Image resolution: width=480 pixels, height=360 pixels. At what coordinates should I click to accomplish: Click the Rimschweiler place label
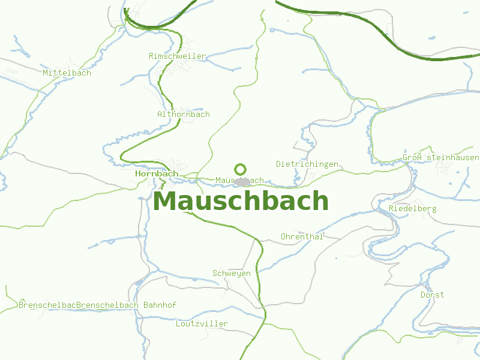[x=177, y=56]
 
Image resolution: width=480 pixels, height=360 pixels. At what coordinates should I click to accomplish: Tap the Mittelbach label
[x=67, y=73]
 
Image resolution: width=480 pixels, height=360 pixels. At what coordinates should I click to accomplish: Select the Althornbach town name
[x=183, y=114]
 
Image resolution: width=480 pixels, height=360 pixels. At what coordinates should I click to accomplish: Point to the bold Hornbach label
[x=157, y=173]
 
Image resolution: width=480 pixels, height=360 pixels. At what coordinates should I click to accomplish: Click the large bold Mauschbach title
[x=241, y=201]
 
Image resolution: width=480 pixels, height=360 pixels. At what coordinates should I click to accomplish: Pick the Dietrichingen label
[x=307, y=164]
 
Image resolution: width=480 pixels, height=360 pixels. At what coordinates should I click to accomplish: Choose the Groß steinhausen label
[x=441, y=158]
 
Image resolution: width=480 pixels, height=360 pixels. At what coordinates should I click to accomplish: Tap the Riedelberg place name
[x=413, y=208]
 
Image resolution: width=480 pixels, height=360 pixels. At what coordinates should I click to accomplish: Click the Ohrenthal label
[x=302, y=236]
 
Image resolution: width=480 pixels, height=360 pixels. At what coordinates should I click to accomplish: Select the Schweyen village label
[x=232, y=273]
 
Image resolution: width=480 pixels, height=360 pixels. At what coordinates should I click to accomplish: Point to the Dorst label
[x=432, y=295]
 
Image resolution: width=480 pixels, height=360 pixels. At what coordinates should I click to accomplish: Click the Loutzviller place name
[x=202, y=323]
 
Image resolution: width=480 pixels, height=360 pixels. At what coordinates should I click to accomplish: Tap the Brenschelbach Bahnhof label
[x=127, y=305]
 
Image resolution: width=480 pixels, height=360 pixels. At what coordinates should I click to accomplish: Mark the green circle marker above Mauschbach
[x=241, y=170]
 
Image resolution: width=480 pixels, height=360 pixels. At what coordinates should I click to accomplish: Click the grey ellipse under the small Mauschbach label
[x=242, y=181]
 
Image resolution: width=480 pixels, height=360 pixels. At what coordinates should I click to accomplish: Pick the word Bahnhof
[x=160, y=305]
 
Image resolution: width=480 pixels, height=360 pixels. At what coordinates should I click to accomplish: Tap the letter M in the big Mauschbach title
[x=166, y=201]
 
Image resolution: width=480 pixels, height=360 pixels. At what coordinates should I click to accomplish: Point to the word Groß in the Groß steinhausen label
[x=413, y=158]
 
